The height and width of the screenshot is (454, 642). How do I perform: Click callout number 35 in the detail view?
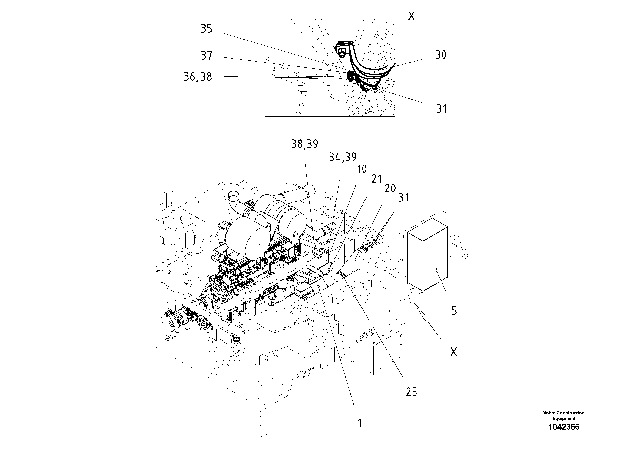coord(206,29)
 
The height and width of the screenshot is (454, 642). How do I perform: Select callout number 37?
coord(206,55)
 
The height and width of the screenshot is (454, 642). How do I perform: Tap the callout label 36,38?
coord(198,77)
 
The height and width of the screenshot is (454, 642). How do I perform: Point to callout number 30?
coord(441,55)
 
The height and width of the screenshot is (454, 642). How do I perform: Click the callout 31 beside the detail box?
coord(441,109)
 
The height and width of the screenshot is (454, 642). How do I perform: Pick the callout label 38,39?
coord(305,144)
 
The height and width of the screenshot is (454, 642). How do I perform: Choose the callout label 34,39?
coord(342,157)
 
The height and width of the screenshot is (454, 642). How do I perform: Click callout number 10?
coord(362,169)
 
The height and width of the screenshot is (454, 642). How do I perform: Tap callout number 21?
coord(376,179)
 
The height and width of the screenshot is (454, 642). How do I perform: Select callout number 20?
coord(390,189)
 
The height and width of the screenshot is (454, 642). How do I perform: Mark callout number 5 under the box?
coord(454,311)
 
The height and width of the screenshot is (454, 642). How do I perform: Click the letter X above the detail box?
coord(411,16)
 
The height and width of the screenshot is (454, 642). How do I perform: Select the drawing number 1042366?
coord(564,435)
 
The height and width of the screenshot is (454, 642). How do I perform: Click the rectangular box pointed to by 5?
coord(427,255)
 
